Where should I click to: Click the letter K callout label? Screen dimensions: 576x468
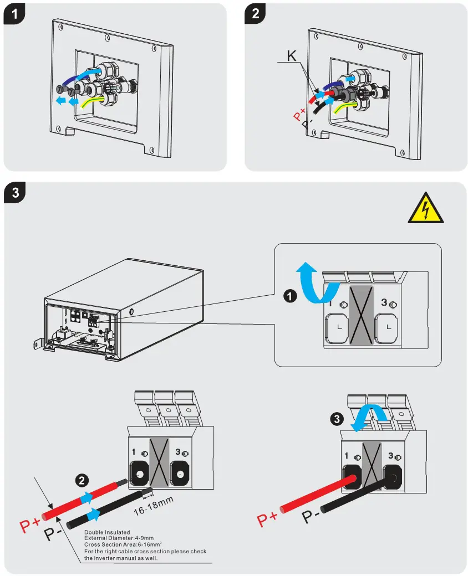pos(292,55)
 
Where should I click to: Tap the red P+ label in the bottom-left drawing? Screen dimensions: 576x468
pos(31,523)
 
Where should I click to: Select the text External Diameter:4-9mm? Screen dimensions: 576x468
pos(119,538)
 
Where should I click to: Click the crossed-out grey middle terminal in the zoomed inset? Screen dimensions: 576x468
pos(361,317)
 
